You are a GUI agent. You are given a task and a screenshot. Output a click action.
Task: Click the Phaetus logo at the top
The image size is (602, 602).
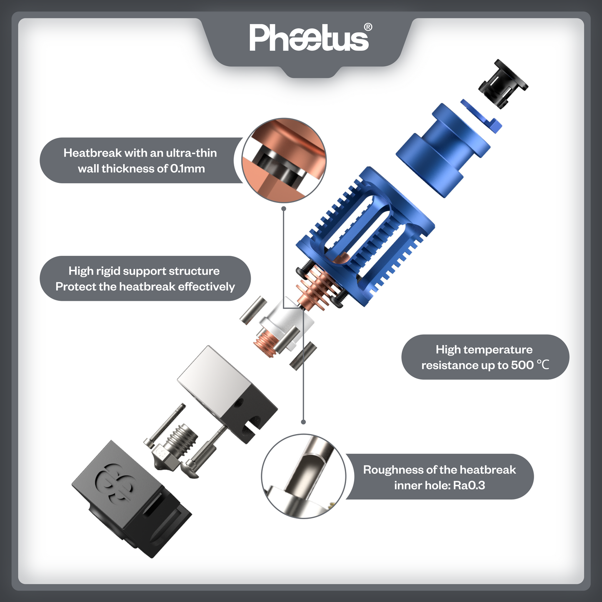309,38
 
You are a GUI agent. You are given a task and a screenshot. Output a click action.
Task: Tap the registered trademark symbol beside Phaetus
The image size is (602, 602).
368,27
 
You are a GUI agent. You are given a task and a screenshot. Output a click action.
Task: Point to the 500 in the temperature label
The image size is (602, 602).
522,365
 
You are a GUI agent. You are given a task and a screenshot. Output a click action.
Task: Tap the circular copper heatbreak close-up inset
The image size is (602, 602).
284,160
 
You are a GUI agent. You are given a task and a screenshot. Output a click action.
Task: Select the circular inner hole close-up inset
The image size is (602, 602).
304,476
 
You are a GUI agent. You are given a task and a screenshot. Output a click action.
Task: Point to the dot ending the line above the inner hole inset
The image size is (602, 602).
303,422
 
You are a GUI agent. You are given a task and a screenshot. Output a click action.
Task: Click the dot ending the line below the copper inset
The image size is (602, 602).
283,208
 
